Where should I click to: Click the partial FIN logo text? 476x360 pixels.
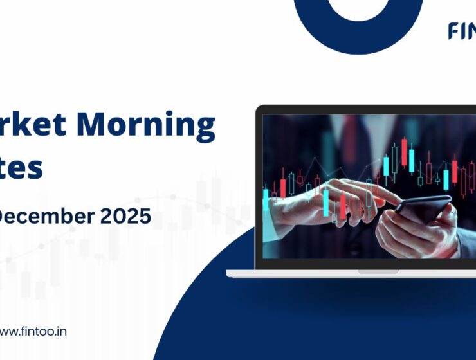pos(461,31)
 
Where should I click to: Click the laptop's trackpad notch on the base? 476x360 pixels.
pos(378,271)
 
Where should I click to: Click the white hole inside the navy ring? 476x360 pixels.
pos(359,6)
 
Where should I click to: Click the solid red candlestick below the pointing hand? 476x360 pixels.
pos(343,206)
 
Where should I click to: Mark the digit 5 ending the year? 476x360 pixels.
pos(145,217)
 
